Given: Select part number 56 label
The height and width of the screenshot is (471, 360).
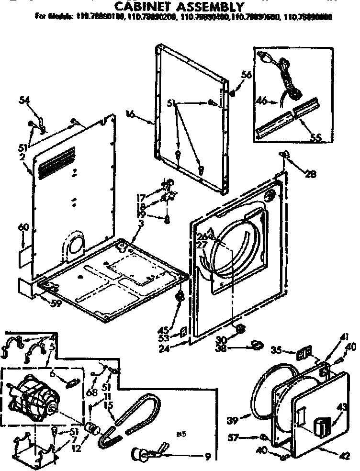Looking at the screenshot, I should (x=247, y=75).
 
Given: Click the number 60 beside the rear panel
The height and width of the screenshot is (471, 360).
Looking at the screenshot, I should (x=23, y=227).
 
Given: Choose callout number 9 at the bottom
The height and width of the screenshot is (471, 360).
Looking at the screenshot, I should (x=207, y=457).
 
